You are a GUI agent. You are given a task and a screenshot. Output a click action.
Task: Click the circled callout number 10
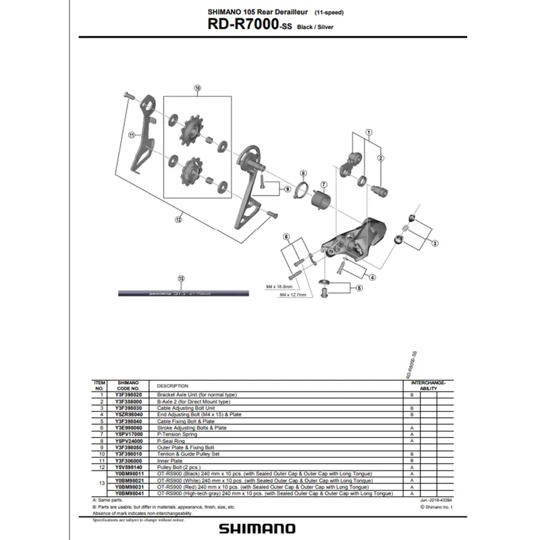(198, 88)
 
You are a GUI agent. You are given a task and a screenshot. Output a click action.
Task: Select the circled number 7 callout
(323, 184)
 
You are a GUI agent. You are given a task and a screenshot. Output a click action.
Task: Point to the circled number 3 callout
(435, 242)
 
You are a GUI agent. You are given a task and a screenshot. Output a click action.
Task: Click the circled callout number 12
(179, 219)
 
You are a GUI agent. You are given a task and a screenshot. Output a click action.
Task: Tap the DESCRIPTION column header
(172, 386)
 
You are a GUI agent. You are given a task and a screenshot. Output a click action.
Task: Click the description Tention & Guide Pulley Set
(190, 454)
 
